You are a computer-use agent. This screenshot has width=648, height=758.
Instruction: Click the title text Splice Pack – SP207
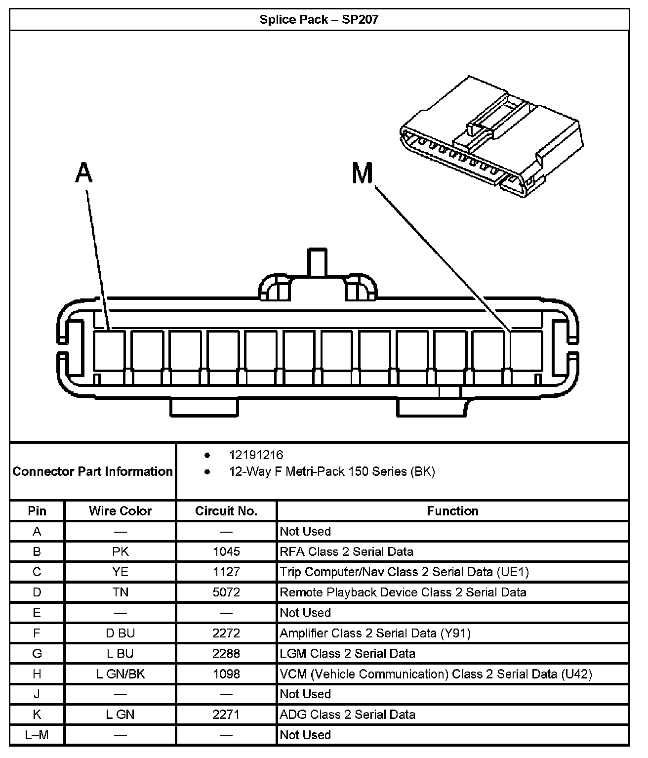319,20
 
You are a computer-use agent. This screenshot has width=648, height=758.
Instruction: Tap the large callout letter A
84,173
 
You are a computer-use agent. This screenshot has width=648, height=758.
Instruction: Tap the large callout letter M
363,173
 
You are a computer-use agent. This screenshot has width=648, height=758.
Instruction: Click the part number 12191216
256,455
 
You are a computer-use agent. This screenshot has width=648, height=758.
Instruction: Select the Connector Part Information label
92,471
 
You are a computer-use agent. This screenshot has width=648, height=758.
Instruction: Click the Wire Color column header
120,511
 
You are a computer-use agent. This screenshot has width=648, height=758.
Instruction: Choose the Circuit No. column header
226,511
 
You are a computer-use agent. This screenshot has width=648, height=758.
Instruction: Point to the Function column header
452,511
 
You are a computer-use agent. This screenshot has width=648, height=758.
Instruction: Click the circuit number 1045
226,551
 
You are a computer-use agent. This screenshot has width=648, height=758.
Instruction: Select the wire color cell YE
120,572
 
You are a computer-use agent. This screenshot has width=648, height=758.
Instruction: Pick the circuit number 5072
226,592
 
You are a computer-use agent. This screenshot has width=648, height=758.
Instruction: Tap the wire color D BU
120,633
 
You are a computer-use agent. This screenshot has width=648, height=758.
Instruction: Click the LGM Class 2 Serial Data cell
347,653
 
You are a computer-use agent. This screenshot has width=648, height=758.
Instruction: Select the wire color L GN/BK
120,674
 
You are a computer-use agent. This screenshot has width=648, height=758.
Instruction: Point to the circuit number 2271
226,714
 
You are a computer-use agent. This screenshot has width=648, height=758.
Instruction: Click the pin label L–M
37,735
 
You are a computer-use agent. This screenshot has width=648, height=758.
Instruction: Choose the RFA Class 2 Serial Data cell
346,551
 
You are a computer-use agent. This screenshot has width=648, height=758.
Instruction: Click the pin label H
37,674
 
